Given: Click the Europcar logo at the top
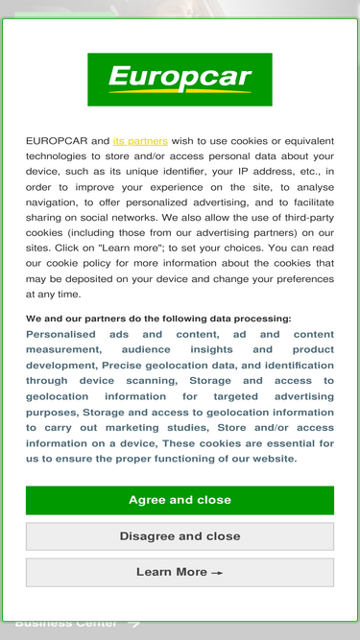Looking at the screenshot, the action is [x=180, y=79].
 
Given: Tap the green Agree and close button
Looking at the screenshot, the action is [x=180, y=500].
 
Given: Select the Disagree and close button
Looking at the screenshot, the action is [x=180, y=536].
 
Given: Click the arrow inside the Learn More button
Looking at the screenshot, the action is [x=218, y=573].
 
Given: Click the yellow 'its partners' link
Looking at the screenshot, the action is [x=140, y=140].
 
